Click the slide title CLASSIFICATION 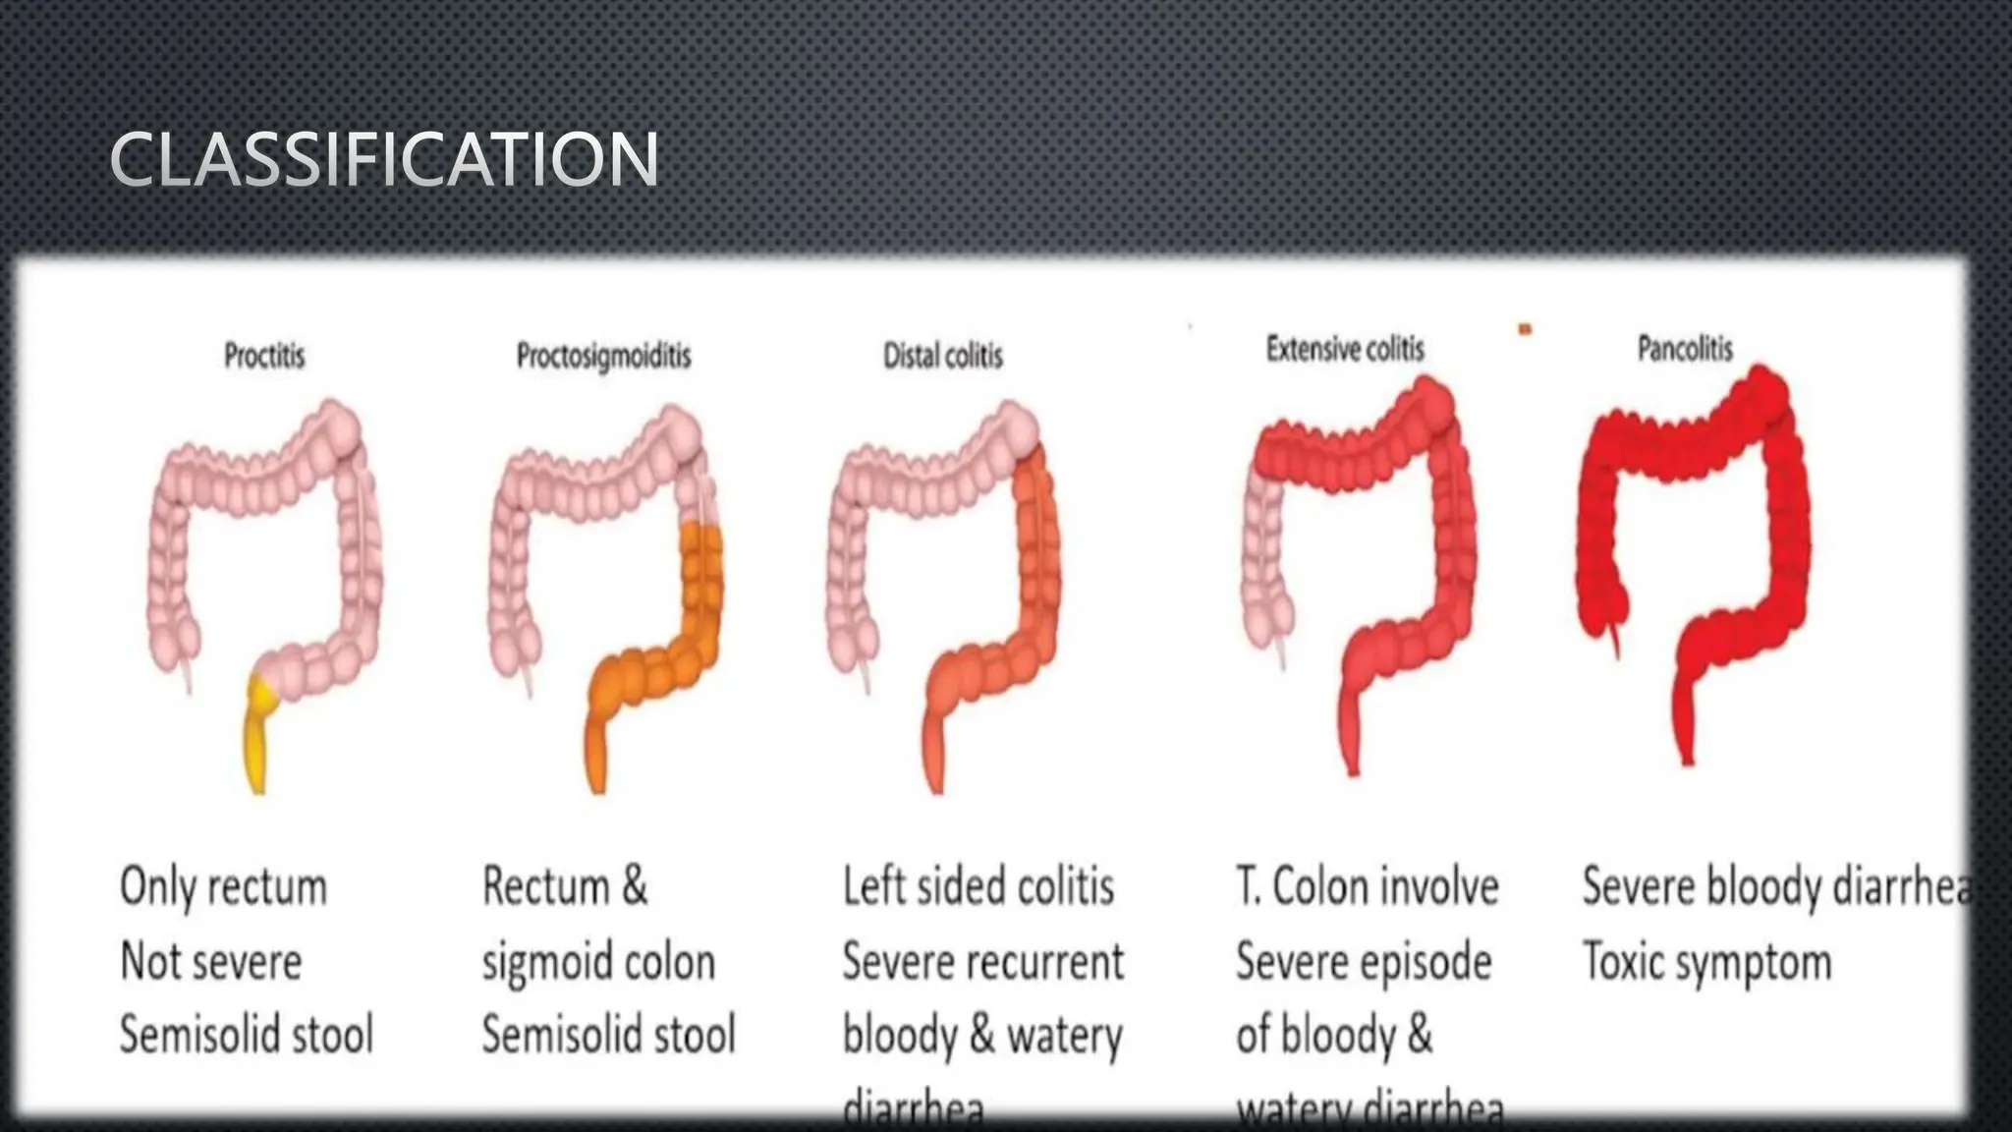pyautogui.click(x=384, y=159)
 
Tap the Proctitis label pyautogui.click(x=264, y=355)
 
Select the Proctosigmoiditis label pyautogui.click(x=603, y=356)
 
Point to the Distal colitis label pyautogui.click(x=943, y=356)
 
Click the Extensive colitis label pyautogui.click(x=1345, y=349)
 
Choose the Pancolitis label pyautogui.click(x=1685, y=349)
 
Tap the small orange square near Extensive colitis pyautogui.click(x=1525, y=329)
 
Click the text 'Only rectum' pyautogui.click(x=223, y=887)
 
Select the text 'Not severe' pyautogui.click(x=210, y=961)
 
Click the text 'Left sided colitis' pyautogui.click(x=978, y=886)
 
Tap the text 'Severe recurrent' pyautogui.click(x=982, y=961)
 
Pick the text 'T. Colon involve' pyautogui.click(x=1368, y=886)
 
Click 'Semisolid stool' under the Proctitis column pyautogui.click(x=247, y=1035)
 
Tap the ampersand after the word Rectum pyautogui.click(x=635, y=886)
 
